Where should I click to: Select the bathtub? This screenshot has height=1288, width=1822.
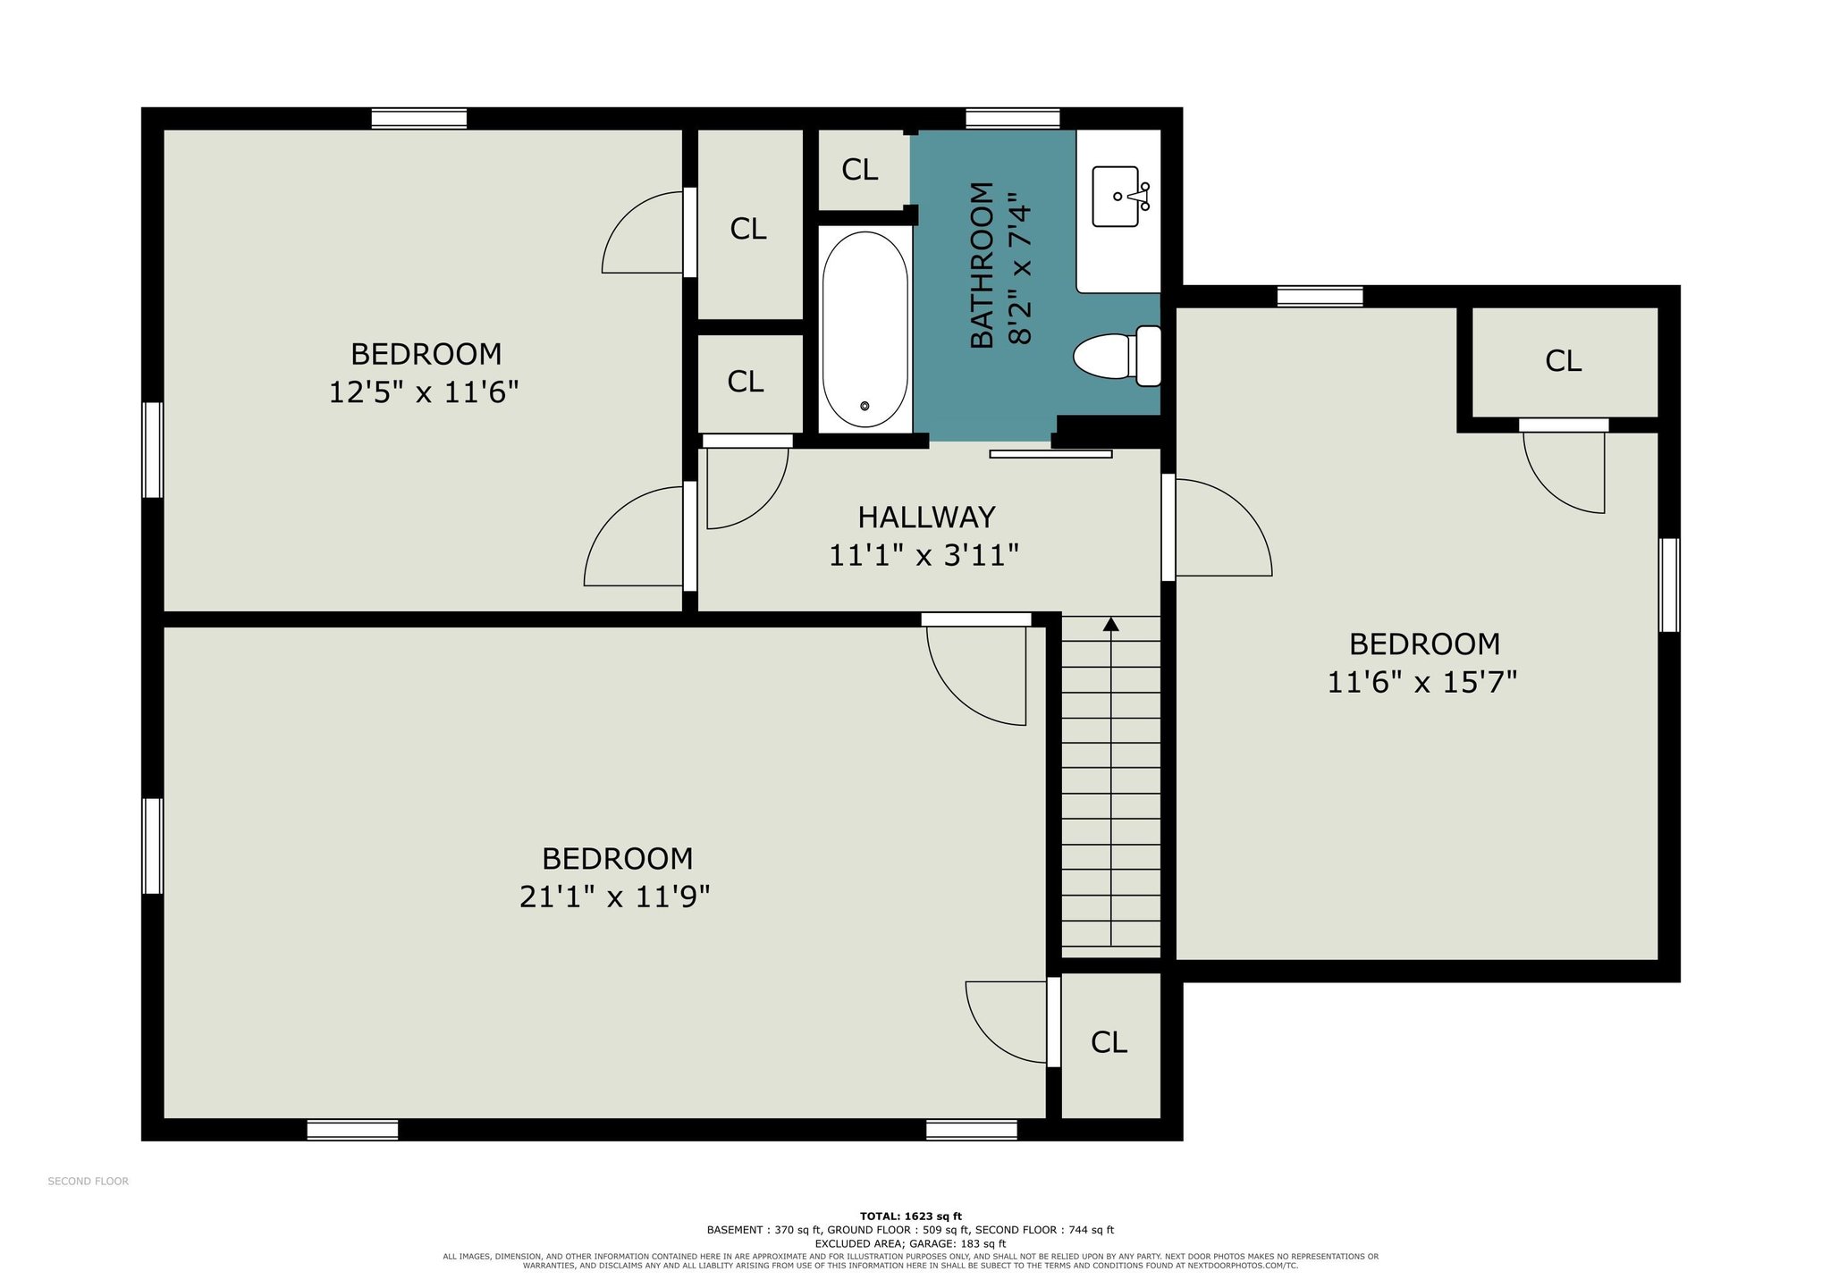(x=865, y=330)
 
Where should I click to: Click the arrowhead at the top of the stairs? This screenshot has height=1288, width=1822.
(x=1110, y=624)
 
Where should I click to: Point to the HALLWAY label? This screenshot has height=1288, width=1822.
(x=926, y=518)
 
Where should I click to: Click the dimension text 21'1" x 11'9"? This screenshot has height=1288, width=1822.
(x=614, y=897)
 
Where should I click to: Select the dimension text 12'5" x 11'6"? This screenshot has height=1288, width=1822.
(x=424, y=392)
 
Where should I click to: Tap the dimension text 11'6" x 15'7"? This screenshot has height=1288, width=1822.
(x=1421, y=683)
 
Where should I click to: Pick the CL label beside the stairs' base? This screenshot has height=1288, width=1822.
(x=1109, y=1042)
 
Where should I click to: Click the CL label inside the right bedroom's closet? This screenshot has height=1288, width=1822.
(x=1563, y=361)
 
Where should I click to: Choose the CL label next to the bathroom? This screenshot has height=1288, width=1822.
(x=859, y=170)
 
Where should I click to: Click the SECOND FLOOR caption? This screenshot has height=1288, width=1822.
(x=88, y=1182)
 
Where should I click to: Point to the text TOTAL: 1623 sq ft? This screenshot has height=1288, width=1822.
(x=910, y=1216)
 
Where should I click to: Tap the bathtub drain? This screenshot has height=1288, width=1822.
(x=865, y=407)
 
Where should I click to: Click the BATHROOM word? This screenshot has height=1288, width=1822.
(x=982, y=265)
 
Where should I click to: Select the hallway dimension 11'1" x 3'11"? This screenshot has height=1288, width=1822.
(x=924, y=556)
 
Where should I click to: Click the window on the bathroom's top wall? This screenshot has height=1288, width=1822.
(x=1012, y=119)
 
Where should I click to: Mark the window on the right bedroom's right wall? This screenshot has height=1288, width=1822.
(x=1669, y=585)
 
